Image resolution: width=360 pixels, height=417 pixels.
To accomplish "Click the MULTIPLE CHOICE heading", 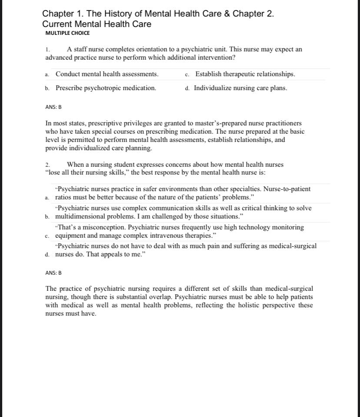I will (x=67, y=33).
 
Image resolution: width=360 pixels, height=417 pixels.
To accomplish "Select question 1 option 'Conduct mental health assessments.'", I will (x=107, y=74).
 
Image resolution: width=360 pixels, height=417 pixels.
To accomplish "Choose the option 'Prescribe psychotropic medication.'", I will (x=106, y=88).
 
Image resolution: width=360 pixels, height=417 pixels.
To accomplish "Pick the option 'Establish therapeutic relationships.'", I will (x=245, y=74).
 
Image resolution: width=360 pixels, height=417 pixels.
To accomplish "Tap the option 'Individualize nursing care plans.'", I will (x=240, y=88).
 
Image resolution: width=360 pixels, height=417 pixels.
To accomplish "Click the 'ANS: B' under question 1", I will (x=53, y=107).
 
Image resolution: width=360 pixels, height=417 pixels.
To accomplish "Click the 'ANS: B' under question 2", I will (x=53, y=273).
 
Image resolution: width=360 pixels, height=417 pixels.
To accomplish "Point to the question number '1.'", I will (x=48, y=50).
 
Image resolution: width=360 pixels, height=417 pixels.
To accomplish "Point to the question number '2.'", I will (x=48, y=165).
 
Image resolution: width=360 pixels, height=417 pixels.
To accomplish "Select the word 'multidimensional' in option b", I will (x=80, y=216).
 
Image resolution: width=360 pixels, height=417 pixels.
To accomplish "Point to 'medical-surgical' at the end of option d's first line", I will (x=293, y=246).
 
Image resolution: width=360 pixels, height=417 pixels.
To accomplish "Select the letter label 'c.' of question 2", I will (x=47, y=236).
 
